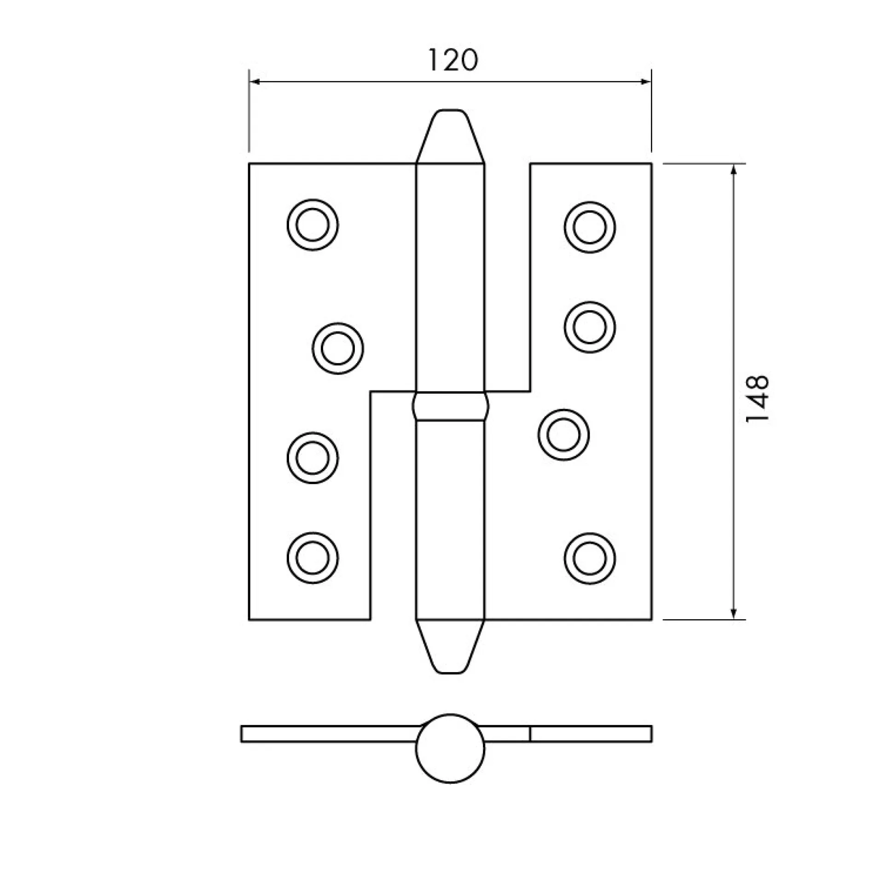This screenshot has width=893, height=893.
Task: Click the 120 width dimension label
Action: coord(453,60)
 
